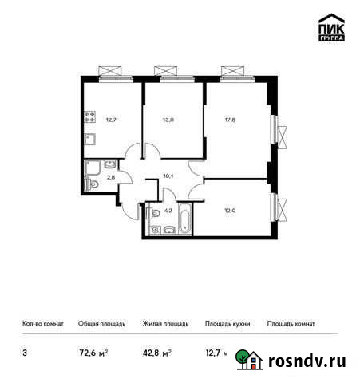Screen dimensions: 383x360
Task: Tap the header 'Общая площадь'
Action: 100,324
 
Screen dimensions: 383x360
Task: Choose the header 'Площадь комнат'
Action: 291,324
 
